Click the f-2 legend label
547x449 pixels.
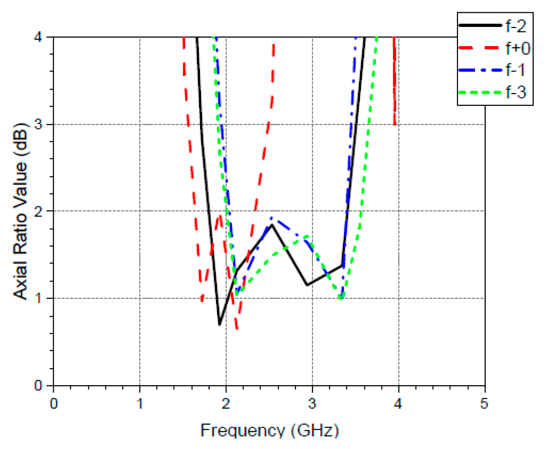point(516,26)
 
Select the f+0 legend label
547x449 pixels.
point(517,48)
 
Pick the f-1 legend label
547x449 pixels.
point(515,70)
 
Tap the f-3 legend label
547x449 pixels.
point(516,92)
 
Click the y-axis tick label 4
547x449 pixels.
point(39,37)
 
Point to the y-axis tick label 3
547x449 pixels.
point(39,124)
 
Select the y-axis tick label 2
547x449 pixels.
point(39,211)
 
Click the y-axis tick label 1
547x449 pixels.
point(39,298)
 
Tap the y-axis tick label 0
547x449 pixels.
point(39,386)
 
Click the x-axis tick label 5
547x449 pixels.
point(484,404)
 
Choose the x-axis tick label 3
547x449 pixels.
point(312,404)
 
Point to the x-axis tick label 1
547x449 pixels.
point(140,404)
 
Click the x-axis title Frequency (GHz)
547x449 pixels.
point(269,430)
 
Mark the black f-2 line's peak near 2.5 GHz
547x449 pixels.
point(272,225)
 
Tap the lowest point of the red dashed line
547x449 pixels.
point(237,328)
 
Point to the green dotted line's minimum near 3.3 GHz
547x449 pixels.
point(341,298)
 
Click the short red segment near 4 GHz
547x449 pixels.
point(395,81)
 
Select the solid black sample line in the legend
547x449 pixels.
point(480,25)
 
